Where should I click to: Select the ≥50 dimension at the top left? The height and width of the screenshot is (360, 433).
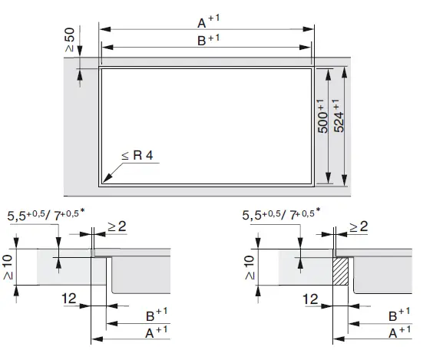[68, 41]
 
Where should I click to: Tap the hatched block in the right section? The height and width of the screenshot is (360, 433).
[340, 272]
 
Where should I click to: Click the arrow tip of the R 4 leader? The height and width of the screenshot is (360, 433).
[104, 182]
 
